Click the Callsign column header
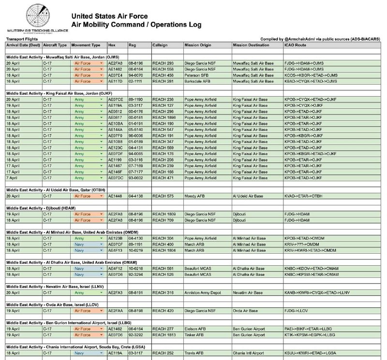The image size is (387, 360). pyautogui.click(x=160, y=45)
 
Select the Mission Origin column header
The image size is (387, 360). pyautogui.click(x=198, y=45)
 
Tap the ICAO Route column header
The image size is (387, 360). pyautogui.click(x=295, y=45)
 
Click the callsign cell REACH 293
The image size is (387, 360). pyautogui.click(x=163, y=63)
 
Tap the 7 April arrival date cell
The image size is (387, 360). pyautogui.click(x=13, y=178)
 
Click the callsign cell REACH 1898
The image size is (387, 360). pyautogui.click(x=164, y=117)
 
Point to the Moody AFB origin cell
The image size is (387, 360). pyautogui.click(x=194, y=196)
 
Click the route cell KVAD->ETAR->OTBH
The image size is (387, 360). pyautogui.click(x=303, y=196)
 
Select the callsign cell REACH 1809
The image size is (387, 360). pyautogui.click(x=164, y=214)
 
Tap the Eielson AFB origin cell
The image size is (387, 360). pyautogui.click(x=194, y=329)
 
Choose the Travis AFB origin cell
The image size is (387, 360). pyautogui.click(x=193, y=353)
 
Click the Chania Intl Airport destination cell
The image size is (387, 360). pyautogui.click(x=248, y=353)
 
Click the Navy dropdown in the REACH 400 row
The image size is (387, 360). pyautogui.click(x=88, y=245)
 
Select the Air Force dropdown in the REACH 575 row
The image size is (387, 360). pyautogui.click(x=88, y=196)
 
